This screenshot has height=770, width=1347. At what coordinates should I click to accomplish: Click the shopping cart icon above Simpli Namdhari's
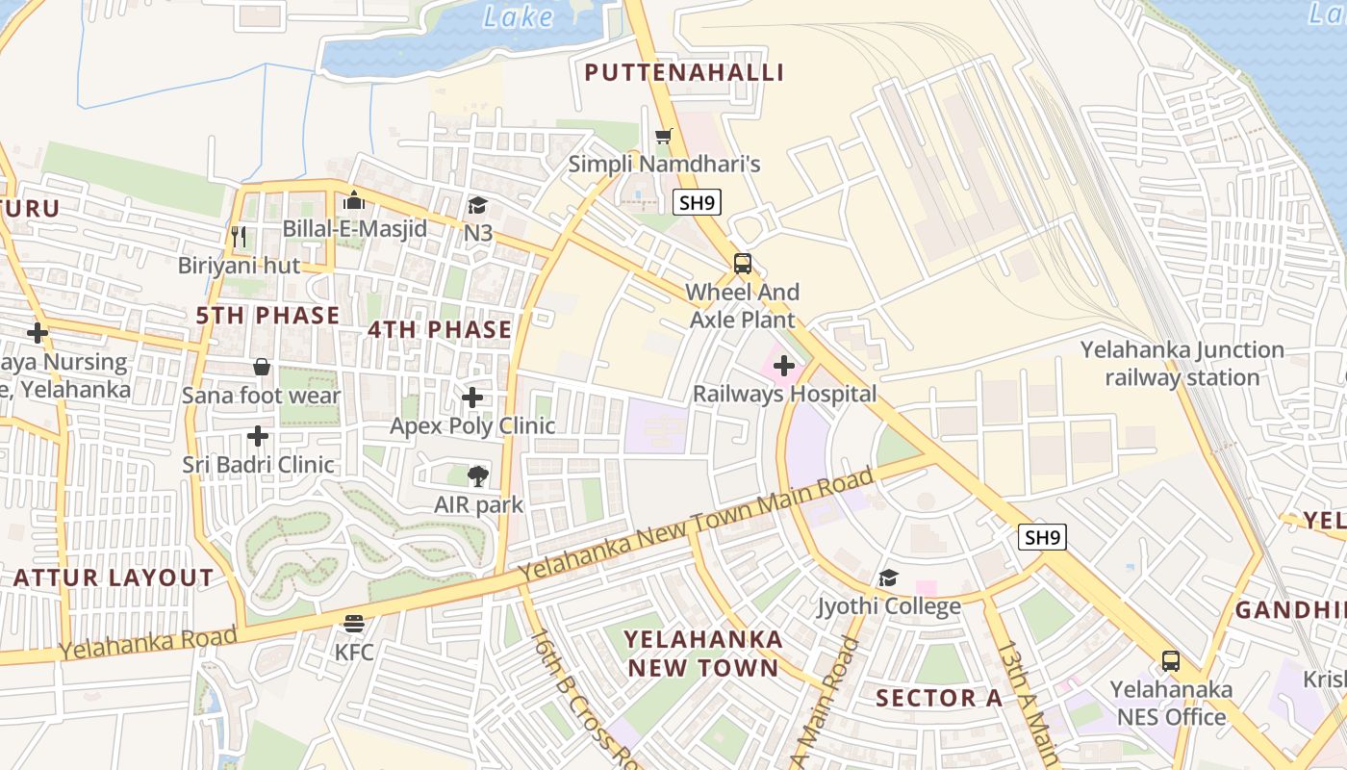coord(663,136)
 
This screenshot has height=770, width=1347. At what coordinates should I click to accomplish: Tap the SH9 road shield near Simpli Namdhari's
coord(697,202)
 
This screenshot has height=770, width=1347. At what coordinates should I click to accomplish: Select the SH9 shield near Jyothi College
coord(1042,537)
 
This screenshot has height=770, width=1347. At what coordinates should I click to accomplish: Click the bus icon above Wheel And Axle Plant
coord(742,263)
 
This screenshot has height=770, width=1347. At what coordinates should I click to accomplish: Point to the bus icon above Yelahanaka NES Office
coord(1170,661)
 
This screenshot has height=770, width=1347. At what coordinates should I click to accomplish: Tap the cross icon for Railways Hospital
coord(784,366)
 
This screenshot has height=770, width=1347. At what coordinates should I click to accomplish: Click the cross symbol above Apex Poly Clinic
coord(471,398)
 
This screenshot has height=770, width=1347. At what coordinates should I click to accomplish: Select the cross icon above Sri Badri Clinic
coord(258,436)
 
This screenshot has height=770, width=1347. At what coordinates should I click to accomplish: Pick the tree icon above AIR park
coord(477,475)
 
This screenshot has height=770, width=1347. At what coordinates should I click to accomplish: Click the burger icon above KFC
coord(354,624)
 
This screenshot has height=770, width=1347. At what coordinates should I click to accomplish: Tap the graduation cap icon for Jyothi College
coord(888,577)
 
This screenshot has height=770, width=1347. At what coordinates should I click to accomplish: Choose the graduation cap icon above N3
coord(477,205)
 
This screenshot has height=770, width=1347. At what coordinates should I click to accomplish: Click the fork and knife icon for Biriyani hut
coord(239,236)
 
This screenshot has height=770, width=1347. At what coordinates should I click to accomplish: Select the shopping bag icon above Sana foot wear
coord(261,367)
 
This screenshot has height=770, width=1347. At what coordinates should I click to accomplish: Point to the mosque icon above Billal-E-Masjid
coord(354,200)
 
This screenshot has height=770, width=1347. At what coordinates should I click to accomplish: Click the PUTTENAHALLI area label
coord(684,72)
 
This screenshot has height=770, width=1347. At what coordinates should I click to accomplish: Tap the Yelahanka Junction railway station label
coord(1182,364)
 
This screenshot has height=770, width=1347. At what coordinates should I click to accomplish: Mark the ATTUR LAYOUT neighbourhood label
coord(114,577)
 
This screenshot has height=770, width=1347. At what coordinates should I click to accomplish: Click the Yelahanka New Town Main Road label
coord(697,526)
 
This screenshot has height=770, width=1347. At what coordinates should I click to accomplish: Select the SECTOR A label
coord(938,698)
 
